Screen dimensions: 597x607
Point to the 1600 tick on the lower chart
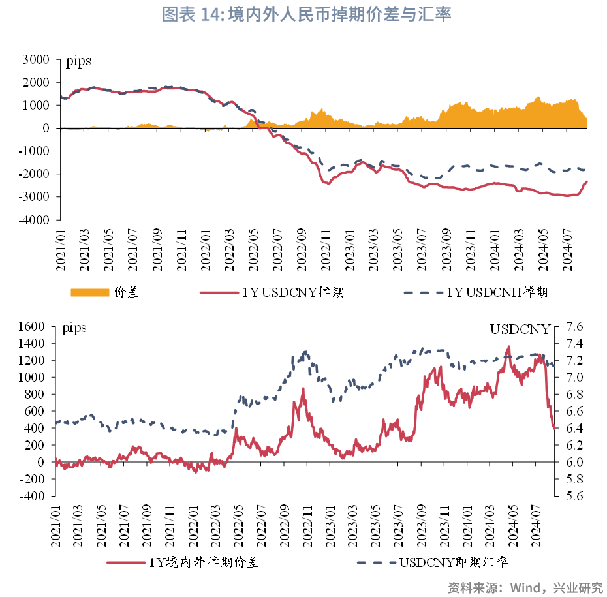point(33,326)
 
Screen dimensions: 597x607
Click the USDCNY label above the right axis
point(520,329)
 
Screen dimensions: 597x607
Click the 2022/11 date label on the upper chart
point(324,251)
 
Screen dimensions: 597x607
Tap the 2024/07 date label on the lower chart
point(539,525)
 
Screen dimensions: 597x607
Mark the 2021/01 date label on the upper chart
point(61,251)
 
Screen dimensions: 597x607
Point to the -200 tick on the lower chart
point(33,479)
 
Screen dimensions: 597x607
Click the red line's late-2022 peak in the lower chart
point(303,388)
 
